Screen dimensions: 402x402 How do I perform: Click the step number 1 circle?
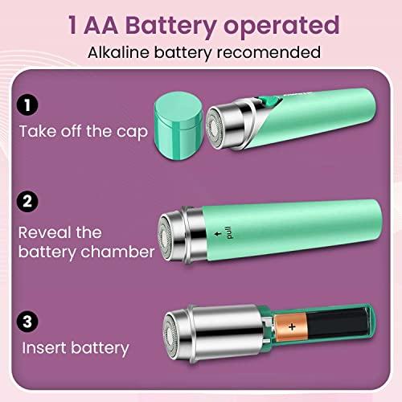(27, 105)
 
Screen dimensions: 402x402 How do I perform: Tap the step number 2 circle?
(27, 201)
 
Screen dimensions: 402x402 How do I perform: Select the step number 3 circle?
(27, 322)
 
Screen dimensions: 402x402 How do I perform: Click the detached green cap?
(178, 125)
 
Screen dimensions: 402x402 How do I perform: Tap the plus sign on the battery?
(292, 327)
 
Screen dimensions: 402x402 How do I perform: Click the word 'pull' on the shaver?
(228, 232)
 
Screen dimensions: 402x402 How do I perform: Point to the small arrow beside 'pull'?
(218, 234)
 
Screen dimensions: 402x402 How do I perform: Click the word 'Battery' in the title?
(170, 26)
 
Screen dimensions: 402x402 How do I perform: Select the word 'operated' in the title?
(281, 27)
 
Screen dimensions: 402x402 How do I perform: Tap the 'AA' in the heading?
(101, 25)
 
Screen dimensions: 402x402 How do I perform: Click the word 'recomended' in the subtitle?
(269, 52)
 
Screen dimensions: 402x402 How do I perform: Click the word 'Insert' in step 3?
(44, 348)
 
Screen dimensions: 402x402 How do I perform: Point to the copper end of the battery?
(291, 327)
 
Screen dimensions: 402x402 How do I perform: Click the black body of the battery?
(338, 323)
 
